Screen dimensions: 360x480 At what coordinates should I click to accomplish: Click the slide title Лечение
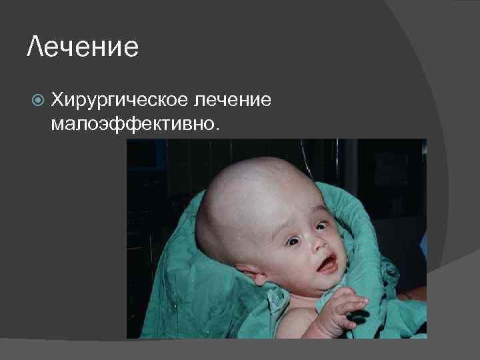pyautogui.click(x=83, y=47)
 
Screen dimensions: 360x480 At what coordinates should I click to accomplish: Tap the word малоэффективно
pyautogui.click(x=133, y=124)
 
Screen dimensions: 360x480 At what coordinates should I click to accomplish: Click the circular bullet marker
pyautogui.click(x=38, y=101)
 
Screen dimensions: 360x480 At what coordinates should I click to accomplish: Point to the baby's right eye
pyautogui.click(x=292, y=241)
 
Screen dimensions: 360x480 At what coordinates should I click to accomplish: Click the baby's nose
pyautogui.click(x=317, y=245)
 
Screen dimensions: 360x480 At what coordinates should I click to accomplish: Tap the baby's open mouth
pyautogui.click(x=327, y=266)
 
